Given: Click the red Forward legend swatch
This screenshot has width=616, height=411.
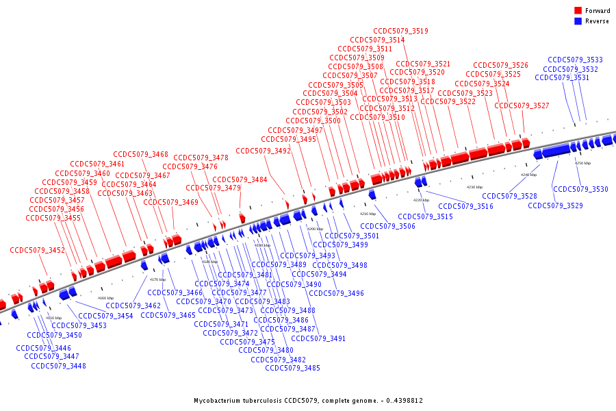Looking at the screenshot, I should (578, 11).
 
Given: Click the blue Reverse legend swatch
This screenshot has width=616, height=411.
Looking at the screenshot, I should (578, 21).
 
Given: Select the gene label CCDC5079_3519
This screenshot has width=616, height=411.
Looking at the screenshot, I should (400, 31).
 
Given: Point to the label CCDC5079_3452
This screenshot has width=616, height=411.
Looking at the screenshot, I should (37, 251).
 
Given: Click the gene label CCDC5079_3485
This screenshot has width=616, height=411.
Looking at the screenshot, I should (292, 368).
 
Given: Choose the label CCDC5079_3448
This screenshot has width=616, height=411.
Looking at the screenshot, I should (58, 366).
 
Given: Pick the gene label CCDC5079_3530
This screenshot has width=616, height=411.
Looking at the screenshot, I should (580, 189).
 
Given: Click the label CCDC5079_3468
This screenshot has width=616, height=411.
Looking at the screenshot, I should (140, 154).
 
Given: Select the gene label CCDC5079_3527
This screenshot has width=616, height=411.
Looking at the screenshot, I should (522, 105).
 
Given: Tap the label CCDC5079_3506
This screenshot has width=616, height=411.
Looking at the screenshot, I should (387, 226).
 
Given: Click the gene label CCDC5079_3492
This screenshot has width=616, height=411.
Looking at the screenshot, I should (263, 151).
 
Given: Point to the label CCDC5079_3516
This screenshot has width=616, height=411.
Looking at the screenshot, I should (465, 206).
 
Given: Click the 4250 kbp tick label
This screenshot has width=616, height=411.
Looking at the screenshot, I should (582, 164).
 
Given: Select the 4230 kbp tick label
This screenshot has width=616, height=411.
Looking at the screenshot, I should (474, 187).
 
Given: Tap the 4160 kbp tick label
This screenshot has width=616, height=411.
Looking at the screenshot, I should (106, 298).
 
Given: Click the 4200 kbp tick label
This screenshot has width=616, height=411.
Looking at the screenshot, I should (315, 229).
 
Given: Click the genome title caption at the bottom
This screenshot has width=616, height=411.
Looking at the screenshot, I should (307, 401).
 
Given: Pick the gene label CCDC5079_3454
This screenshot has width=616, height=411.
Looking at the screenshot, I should (105, 316).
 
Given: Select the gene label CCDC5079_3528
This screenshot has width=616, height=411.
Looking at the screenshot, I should (509, 196).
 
